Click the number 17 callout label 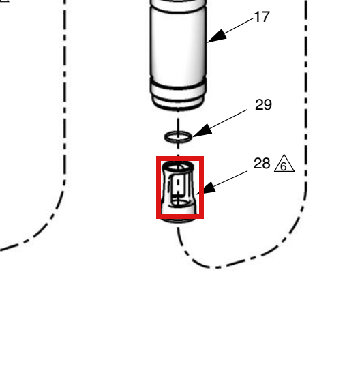click(x=262, y=17)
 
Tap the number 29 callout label click(x=263, y=105)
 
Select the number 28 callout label click(x=262, y=164)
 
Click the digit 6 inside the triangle click(x=284, y=166)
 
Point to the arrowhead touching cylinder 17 click(x=217, y=37)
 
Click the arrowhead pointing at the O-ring click(x=202, y=132)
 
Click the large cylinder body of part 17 click(x=178, y=43)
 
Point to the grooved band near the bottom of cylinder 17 click(x=178, y=87)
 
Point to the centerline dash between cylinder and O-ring click(x=178, y=124)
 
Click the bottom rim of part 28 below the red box click(x=178, y=220)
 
